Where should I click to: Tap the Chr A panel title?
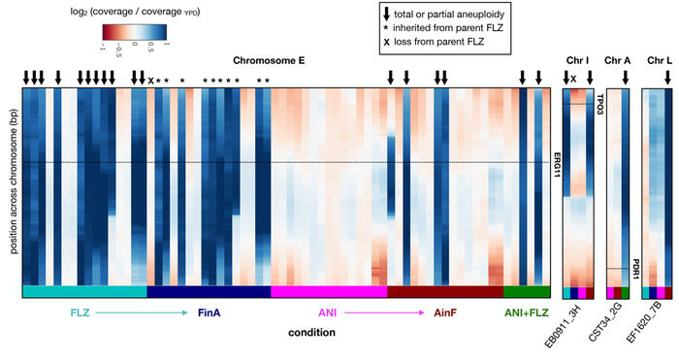(618, 60)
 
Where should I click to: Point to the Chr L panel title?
(658, 60)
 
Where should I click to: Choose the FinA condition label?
(210, 312)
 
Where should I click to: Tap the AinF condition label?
(445, 312)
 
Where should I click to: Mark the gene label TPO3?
(599, 105)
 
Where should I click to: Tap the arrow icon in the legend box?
(389, 14)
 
